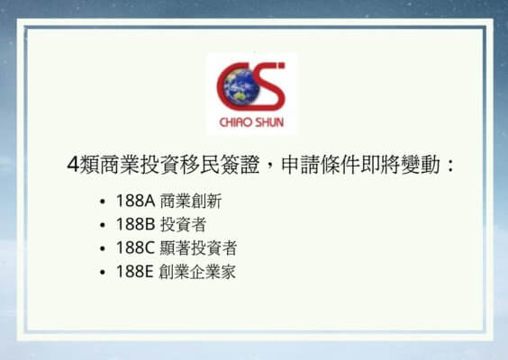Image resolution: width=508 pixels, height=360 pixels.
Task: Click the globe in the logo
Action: [x=240, y=87]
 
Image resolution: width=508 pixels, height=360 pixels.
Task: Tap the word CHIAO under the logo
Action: [x=235, y=122]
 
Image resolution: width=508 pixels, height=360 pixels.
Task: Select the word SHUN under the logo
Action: [x=269, y=122]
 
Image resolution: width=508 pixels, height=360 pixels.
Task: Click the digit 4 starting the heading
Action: [x=73, y=165]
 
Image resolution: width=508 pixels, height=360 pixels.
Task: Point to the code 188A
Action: [x=136, y=201]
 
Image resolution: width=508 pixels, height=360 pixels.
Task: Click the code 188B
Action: [x=135, y=224]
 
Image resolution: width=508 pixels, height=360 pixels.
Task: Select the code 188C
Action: [x=135, y=248]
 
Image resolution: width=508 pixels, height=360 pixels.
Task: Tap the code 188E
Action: [x=134, y=272]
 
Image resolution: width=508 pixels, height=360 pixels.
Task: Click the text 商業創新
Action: [x=191, y=201]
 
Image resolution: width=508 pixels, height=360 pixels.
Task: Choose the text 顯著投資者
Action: [x=198, y=248]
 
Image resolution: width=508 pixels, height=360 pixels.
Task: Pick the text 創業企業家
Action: [x=197, y=272]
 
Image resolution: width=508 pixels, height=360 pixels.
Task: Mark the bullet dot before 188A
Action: [x=103, y=202]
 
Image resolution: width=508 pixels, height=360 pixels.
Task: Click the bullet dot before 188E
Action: [x=103, y=273]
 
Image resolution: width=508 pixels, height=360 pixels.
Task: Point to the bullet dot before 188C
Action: [x=103, y=248]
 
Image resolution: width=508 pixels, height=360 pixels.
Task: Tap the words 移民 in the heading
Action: [x=200, y=165]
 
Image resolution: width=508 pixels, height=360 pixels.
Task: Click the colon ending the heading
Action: [x=449, y=166]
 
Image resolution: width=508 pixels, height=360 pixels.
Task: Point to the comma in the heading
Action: [x=269, y=169]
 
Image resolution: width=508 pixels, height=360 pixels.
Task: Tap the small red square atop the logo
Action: [x=282, y=66]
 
